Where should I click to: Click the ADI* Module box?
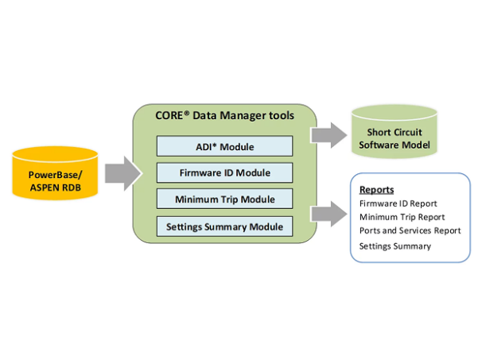[x=224, y=145]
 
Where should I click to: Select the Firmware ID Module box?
[x=224, y=172]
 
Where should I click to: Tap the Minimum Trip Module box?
[x=224, y=199]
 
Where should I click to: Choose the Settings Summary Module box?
[x=224, y=226]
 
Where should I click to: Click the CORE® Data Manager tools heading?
[x=224, y=116]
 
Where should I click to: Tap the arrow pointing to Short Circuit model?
[x=325, y=134]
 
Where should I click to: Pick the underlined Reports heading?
[x=376, y=190]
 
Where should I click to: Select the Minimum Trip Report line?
[x=402, y=217]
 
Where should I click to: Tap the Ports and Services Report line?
[x=410, y=230]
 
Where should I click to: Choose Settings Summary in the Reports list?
[x=395, y=246]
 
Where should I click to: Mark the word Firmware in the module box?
[x=200, y=172]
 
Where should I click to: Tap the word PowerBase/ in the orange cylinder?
[x=55, y=175]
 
